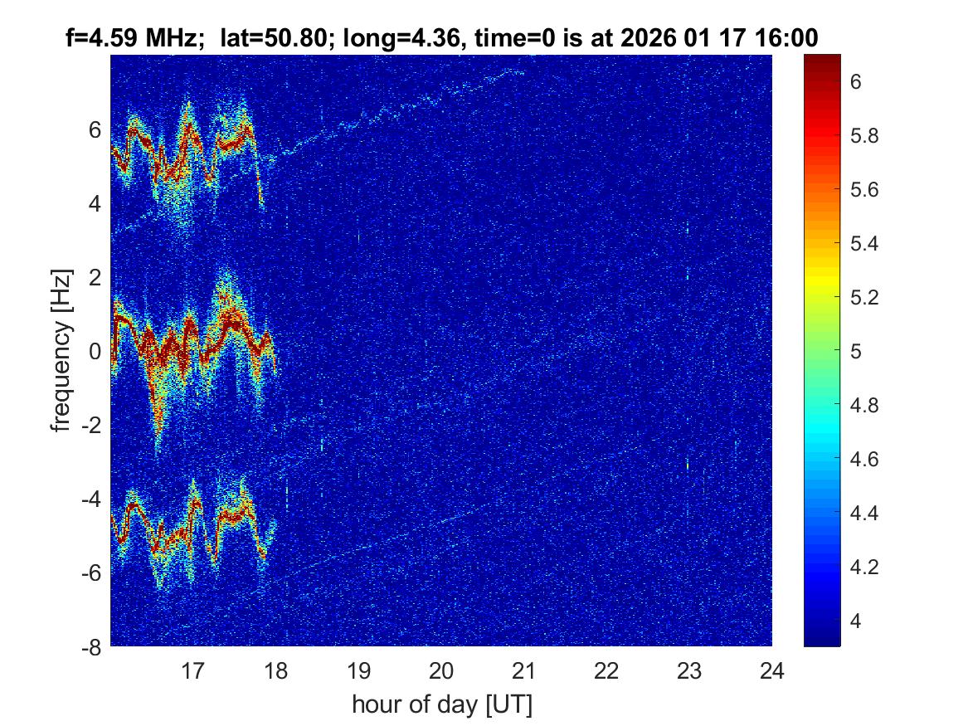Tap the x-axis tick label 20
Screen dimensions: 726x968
tap(441, 670)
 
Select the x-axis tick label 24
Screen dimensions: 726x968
tap(772, 670)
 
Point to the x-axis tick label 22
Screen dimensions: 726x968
tap(607, 670)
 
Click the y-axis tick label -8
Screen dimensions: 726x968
tap(91, 646)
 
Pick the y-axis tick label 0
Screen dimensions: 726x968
tap(96, 351)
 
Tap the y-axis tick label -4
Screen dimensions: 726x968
tap(91, 499)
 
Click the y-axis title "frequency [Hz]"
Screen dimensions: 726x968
tap(62, 350)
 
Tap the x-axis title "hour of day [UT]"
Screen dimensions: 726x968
tap(441, 704)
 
